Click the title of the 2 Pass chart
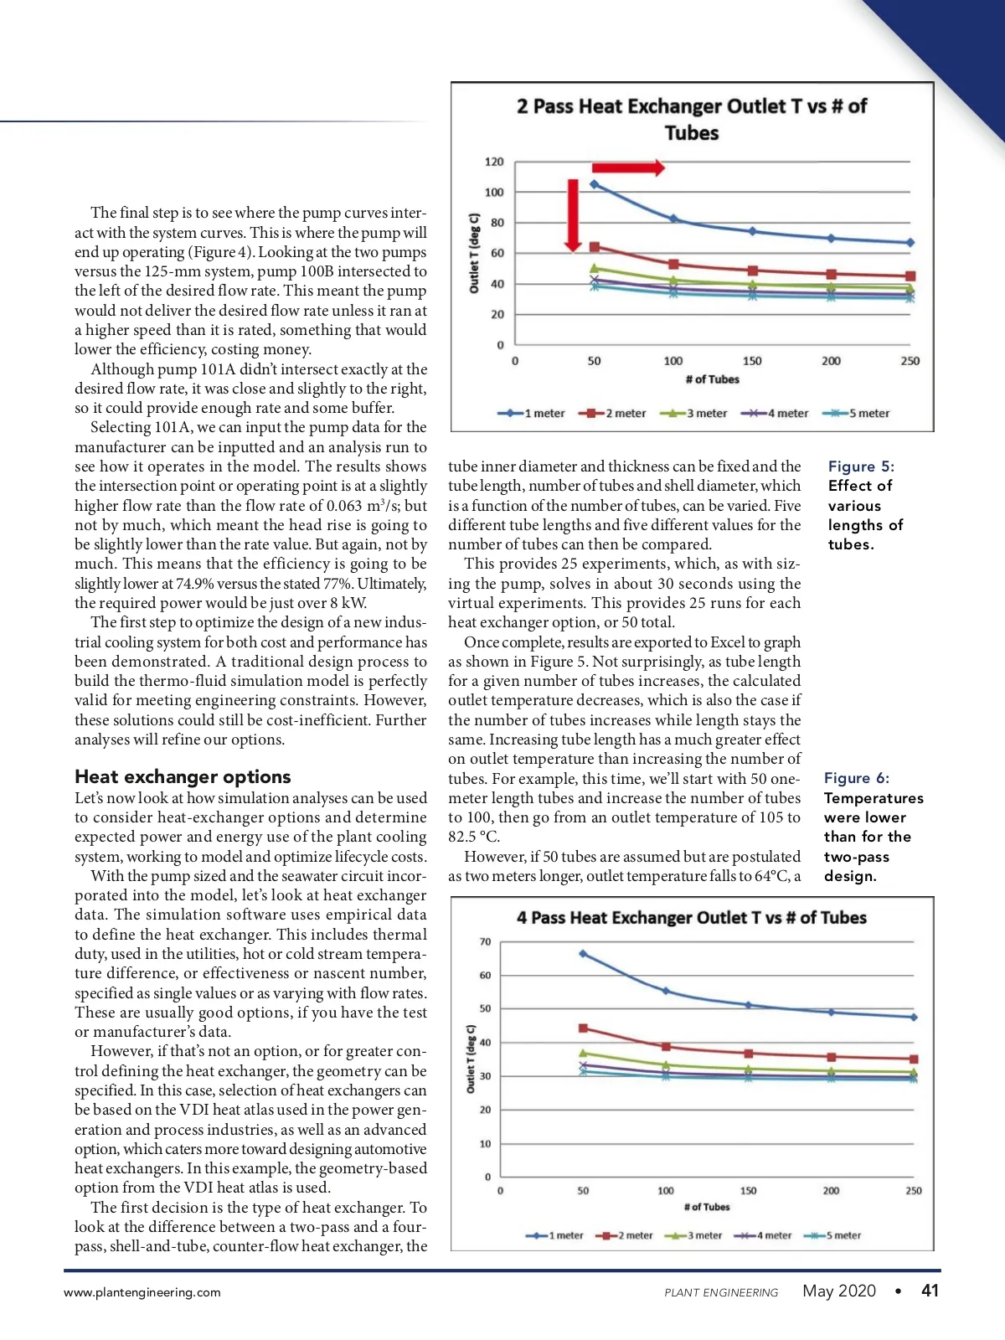tap(692, 119)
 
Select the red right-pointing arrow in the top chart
tap(628, 167)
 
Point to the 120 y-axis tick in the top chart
tap(494, 162)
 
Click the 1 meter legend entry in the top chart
tap(532, 413)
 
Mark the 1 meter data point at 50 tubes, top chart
tap(595, 184)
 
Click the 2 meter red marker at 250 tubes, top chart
tap(910, 276)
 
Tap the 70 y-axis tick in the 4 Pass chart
tap(486, 941)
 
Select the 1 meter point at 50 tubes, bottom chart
tap(583, 954)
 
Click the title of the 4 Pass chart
tap(692, 918)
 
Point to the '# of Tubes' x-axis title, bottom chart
tap(707, 1207)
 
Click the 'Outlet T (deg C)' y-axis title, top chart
tap(474, 253)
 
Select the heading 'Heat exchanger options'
tap(183, 776)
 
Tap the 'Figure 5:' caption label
tap(861, 466)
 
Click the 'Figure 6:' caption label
tap(857, 778)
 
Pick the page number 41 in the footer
tap(930, 1291)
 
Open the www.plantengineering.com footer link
tap(142, 1292)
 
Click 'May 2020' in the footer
tap(839, 1291)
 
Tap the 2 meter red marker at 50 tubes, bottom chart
tap(584, 1028)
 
